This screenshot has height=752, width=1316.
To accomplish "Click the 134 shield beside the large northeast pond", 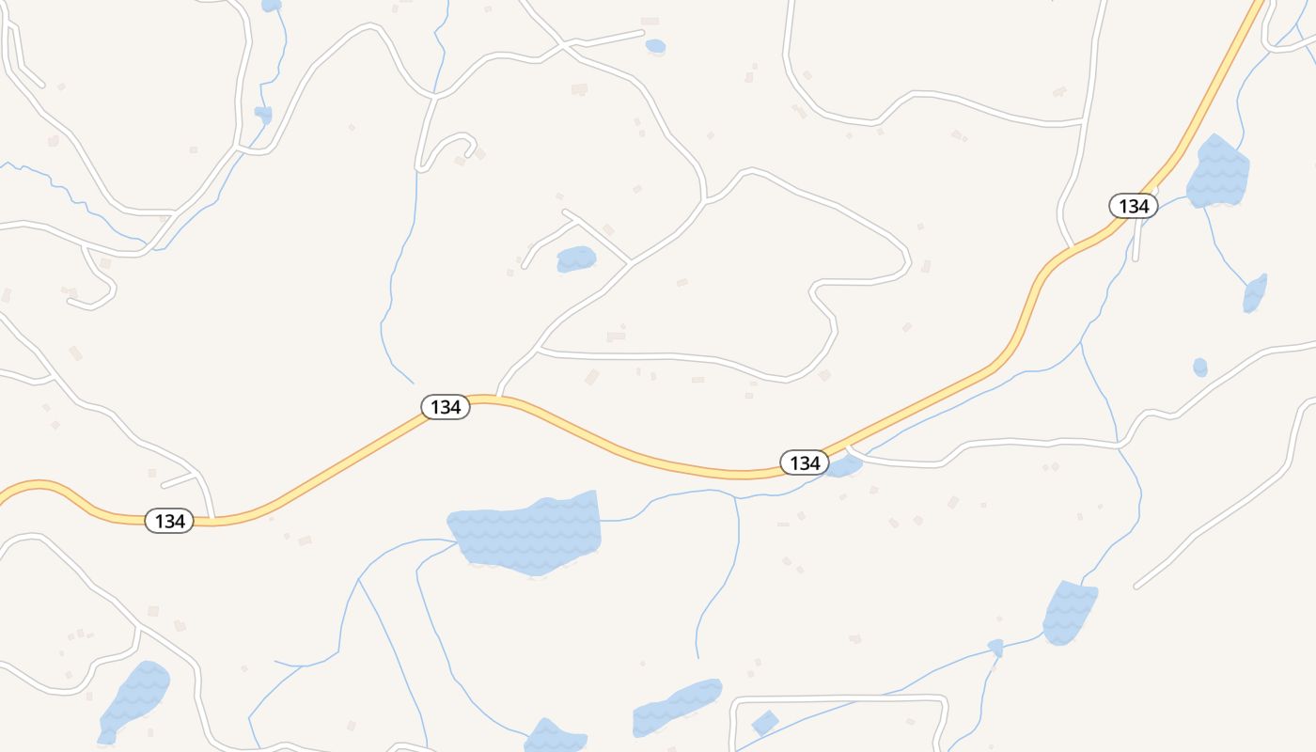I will pyautogui.click(x=1134, y=206).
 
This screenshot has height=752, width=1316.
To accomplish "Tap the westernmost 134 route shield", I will pyautogui.click(x=169, y=521).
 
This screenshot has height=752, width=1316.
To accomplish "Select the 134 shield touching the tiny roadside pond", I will pyautogui.click(x=805, y=462).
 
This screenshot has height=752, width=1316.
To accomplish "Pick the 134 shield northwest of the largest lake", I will pyautogui.click(x=445, y=407).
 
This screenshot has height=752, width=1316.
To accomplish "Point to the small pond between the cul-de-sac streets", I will pyautogui.click(x=576, y=258).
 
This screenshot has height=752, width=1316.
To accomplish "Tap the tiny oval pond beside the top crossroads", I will pyautogui.click(x=655, y=46).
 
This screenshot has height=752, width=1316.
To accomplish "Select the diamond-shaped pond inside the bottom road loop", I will pyautogui.click(x=765, y=723).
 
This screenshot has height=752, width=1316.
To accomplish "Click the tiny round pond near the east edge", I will pyautogui.click(x=1200, y=367).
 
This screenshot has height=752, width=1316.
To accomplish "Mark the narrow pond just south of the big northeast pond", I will pyautogui.click(x=1255, y=293).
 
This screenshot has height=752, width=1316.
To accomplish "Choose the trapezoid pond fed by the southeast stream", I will pyautogui.click(x=1070, y=613).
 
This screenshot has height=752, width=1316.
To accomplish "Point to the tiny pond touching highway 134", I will pyautogui.click(x=846, y=465).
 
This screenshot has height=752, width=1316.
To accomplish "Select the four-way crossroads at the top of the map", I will pyautogui.click(x=562, y=44).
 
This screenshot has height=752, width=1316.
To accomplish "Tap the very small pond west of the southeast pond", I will pyautogui.click(x=995, y=648).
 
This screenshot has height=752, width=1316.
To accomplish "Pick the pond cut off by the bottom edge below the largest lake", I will pyautogui.click(x=555, y=736).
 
